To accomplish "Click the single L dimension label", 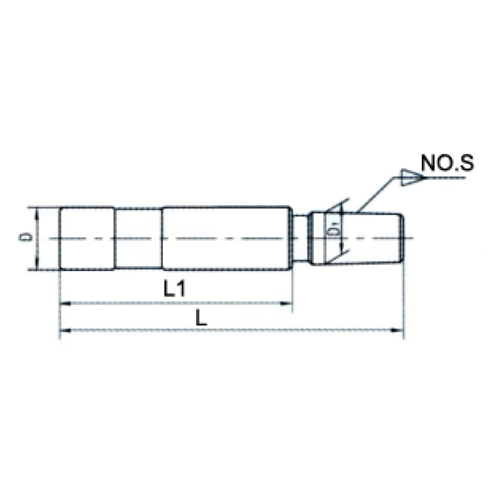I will pyautogui.click(x=202, y=318).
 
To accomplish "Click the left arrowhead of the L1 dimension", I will pyautogui.click(x=64, y=304).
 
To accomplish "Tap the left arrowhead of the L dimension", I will pyautogui.click(x=64, y=330).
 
